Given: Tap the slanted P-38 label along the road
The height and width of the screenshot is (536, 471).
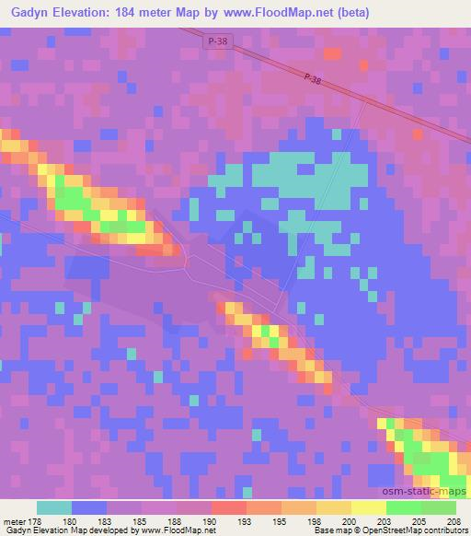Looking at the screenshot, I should pyautogui.click(x=311, y=81).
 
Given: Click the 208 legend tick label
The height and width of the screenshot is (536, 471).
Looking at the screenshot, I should pyautogui.click(x=455, y=521).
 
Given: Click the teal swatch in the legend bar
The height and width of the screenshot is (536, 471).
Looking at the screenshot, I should pyautogui.click(x=54, y=507).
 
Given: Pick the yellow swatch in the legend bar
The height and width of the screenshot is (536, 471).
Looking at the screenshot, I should pyautogui.click(x=369, y=507).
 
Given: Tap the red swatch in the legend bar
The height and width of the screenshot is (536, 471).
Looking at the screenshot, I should pyautogui.click(x=229, y=507).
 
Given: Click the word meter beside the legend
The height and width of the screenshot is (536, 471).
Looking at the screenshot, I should pyautogui.click(x=13, y=521).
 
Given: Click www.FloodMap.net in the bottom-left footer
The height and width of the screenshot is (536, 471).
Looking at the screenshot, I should pyautogui.click(x=178, y=530).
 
